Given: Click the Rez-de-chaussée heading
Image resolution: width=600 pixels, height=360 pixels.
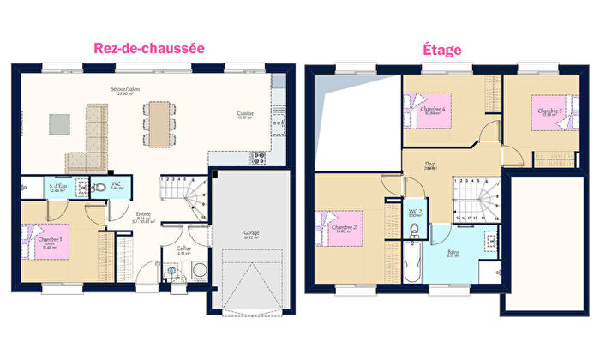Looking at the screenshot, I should point(149,49).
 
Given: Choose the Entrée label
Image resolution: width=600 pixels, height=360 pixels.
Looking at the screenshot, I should point(144,214).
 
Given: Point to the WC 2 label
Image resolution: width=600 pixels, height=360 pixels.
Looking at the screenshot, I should point(414,212).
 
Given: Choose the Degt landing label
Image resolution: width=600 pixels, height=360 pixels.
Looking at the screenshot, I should point(430,165).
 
